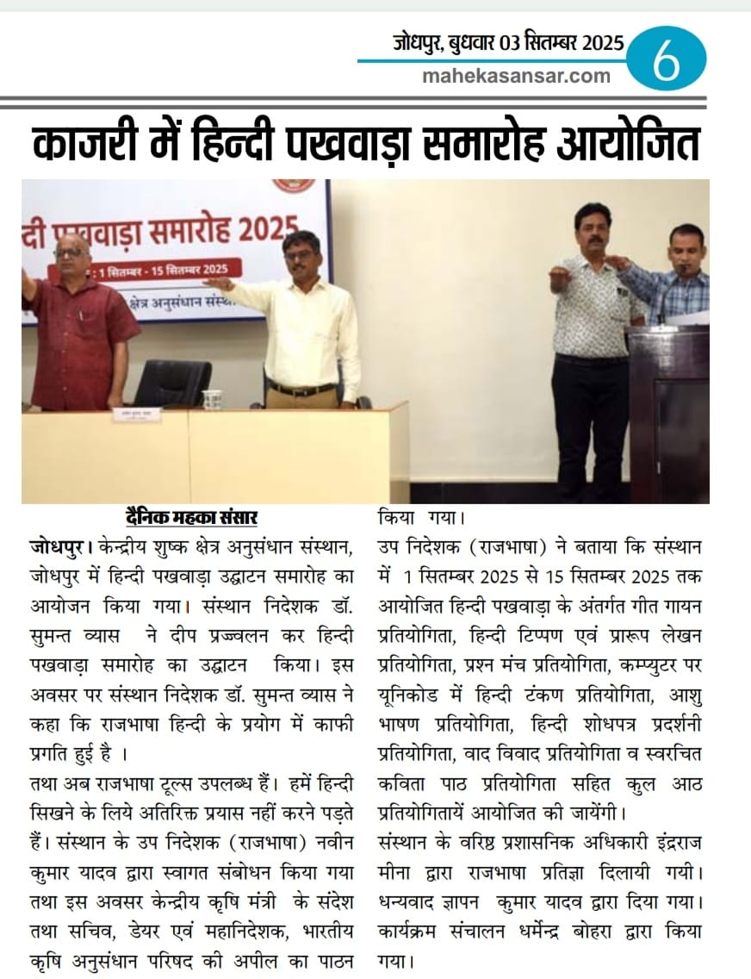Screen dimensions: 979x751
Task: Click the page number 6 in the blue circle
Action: (x=666, y=60)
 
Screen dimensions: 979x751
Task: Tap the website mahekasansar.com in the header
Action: (x=517, y=76)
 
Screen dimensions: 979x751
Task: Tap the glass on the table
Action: (x=212, y=399)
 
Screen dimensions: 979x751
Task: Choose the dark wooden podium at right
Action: (x=668, y=405)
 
